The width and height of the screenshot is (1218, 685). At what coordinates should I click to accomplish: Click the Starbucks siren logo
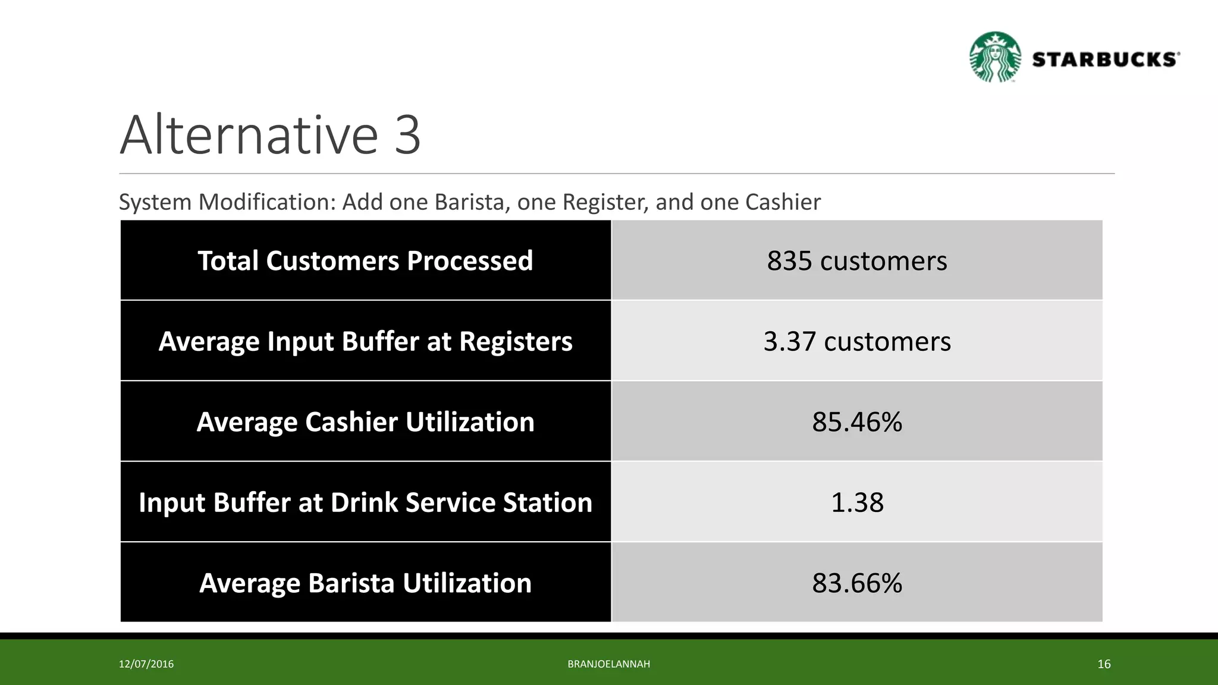click(x=994, y=57)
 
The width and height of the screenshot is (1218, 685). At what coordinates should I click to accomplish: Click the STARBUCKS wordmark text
click(x=1105, y=59)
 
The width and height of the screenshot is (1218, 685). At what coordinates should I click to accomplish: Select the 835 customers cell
click(x=856, y=260)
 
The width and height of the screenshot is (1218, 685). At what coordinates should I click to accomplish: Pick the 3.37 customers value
click(x=856, y=341)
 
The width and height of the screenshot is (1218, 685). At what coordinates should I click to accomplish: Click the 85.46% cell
click(x=856, y=422)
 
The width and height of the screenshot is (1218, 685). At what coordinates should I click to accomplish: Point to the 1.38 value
click(x=856, y=502)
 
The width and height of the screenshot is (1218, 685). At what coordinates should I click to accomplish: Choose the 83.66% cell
click(x=856, y=583)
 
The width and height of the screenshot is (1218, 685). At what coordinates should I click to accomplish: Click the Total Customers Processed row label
click(x=365, y=260)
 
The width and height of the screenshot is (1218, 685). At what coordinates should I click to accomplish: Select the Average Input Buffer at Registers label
click(x=365, y=341)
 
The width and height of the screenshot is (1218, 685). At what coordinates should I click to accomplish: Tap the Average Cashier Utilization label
click(x=365, y=422)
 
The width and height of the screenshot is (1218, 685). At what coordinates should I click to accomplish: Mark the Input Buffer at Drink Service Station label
click(x=365, y=502)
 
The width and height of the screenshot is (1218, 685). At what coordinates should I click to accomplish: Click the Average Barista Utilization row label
click(x=365, y=583)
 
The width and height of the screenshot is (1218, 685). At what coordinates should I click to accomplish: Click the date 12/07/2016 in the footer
click(x=146, y=664)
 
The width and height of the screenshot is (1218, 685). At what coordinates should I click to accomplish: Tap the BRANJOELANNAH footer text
click(x=608, y=664)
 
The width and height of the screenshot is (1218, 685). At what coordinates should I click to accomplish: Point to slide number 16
click(x=1104, y=664)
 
